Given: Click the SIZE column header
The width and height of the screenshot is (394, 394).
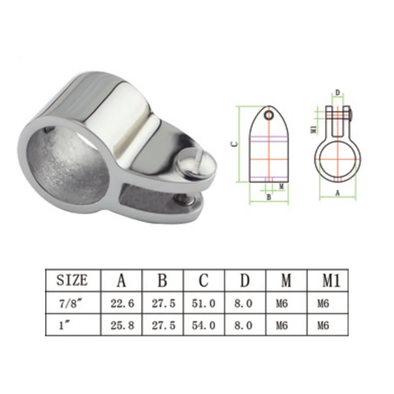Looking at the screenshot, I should [72, 280].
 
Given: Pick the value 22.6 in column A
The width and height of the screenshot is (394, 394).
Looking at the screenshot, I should [122, 303].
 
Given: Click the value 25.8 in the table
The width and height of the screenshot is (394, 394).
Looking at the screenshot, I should [122, 325].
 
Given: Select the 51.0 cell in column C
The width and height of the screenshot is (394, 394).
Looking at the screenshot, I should [204, 303].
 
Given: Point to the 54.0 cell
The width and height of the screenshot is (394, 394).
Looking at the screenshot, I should [204, 325].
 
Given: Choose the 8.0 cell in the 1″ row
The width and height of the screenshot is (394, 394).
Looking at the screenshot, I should [245, 325].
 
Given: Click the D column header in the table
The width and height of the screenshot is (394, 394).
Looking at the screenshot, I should [245, 281].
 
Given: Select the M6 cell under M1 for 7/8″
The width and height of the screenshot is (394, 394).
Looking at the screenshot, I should [323, 303].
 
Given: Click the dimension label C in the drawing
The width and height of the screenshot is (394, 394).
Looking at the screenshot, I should [234, 145].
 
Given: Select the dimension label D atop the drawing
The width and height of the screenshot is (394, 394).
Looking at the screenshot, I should [337, 93].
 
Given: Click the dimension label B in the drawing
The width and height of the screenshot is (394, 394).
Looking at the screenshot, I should [269, 197].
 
